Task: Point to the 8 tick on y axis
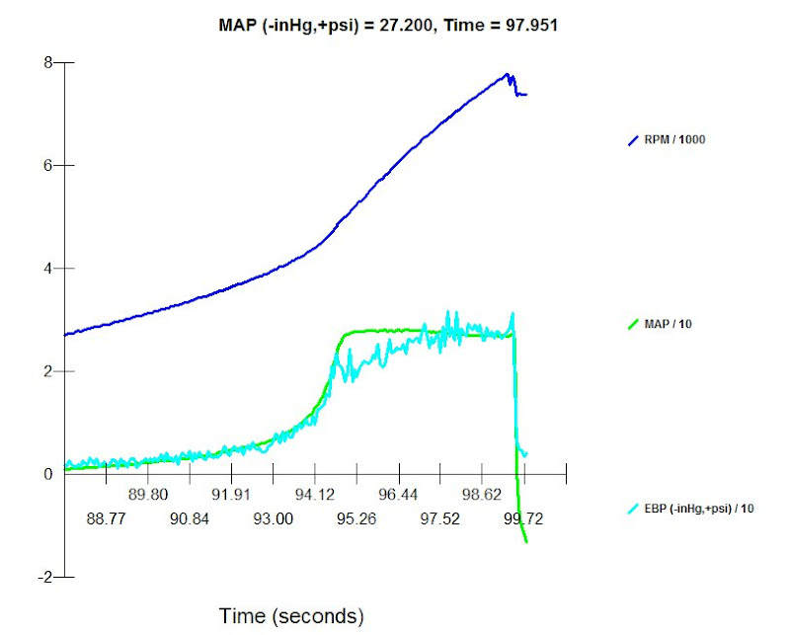click(x=46, y=62)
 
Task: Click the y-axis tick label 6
click(x=46, y=165)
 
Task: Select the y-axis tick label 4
click(x=46, y=269)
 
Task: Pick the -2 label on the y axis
click(x=42, y=577)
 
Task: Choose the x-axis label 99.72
click(x=523, y=517)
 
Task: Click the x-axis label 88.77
click(x=106, y=517)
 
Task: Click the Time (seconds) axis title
click(x=291, y=617)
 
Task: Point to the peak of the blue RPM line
click(x=507, y=74)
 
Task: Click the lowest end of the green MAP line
click(x=526, y=542)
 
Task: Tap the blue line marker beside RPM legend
click(x=635, y=141)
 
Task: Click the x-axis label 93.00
click(x=273, y=517)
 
